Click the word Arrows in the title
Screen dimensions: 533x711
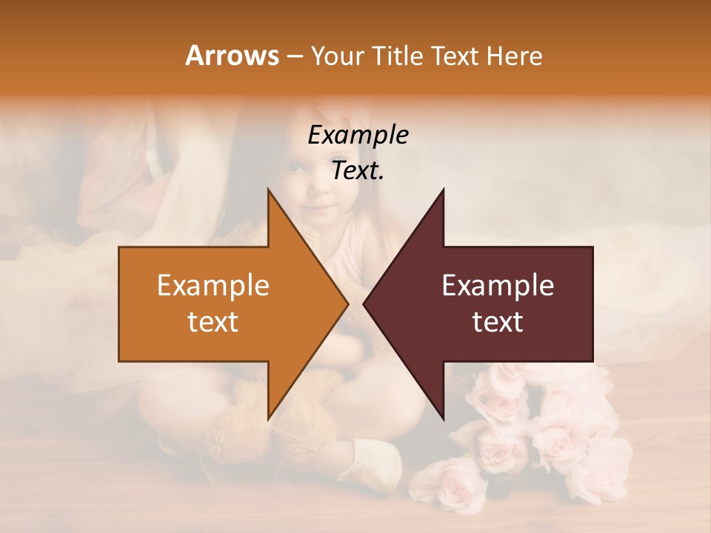coord(233,56)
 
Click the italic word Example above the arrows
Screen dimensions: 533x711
coord(358,135)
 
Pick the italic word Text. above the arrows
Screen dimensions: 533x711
coord(358,171)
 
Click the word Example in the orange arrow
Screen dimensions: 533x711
coord(213,286)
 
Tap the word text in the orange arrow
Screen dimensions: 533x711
coord(213,322)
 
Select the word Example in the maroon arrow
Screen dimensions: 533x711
coord(498,286)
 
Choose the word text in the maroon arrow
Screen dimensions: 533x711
coord(498,322)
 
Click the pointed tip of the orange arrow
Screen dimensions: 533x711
coord(347,304)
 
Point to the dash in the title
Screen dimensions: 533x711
coord(294,56)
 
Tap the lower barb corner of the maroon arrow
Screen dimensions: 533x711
coord(443,418)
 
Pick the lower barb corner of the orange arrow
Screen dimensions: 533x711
coord(268,418)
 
